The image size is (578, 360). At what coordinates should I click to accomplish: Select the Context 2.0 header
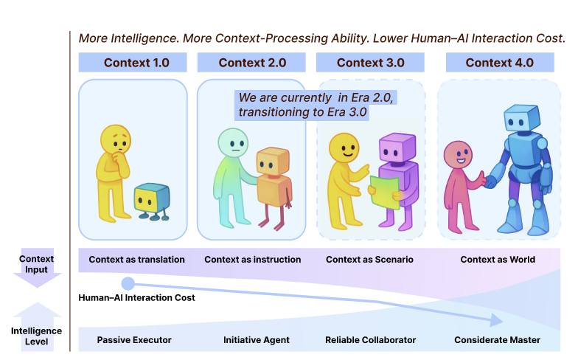[252, 63]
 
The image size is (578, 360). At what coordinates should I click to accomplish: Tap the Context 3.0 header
[371, 63]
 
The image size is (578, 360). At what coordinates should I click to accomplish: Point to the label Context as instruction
[253, 260]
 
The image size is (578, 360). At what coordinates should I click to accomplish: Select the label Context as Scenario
[369, 260]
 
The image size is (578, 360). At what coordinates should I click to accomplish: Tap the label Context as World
[498, 260]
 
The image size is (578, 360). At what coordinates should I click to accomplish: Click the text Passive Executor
[134, 340]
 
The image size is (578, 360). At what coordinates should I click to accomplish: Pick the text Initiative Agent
[257, 340]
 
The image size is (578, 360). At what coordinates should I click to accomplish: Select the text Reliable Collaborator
[371, 340]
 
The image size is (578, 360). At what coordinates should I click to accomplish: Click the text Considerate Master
[497, 340]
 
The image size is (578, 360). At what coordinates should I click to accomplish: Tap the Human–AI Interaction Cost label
[137, 298]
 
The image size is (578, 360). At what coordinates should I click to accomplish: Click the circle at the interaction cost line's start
[128, 283]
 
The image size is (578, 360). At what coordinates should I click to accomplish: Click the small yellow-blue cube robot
[151, 201]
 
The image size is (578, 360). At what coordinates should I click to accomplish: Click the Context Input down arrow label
[37, 264]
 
